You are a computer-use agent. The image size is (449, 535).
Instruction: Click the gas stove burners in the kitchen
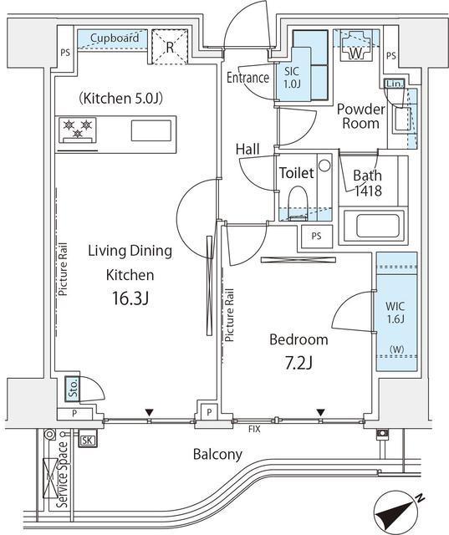78,130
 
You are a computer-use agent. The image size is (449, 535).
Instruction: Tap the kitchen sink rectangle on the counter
151,130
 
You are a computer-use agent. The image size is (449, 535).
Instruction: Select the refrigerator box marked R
170,47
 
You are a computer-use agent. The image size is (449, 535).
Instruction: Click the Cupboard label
115,38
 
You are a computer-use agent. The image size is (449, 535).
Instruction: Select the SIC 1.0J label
292,78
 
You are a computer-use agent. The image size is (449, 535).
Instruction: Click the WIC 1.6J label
395,312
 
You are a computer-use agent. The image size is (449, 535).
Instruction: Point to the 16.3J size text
130,298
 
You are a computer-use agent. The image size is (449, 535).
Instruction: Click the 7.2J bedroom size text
298,364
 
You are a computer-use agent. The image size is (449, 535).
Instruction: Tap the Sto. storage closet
73,388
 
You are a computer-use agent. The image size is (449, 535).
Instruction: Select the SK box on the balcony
87,440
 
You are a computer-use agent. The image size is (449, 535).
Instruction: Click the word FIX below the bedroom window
254,429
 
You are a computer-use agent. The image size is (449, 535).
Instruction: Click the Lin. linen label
395,84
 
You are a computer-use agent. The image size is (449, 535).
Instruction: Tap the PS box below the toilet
317,236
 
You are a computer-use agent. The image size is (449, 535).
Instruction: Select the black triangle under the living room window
149,412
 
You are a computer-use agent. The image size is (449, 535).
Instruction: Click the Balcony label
217,455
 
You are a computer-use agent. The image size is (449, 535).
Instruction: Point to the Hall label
247,149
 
